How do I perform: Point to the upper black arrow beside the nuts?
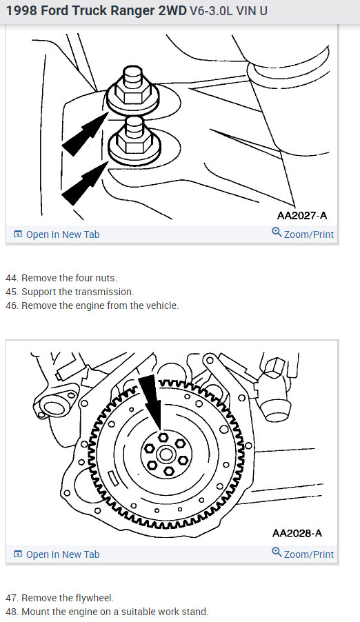[85, 134]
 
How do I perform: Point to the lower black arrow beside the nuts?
[85, 183]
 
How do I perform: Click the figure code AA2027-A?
[302, 215]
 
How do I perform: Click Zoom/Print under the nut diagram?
[303, 234]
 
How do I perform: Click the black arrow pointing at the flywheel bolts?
[151, 402]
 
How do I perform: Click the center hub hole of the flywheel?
[165, 454]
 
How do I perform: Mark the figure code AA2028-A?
[297, 533]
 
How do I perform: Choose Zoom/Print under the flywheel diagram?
[303, 554]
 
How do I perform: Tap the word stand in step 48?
[194, 612]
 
